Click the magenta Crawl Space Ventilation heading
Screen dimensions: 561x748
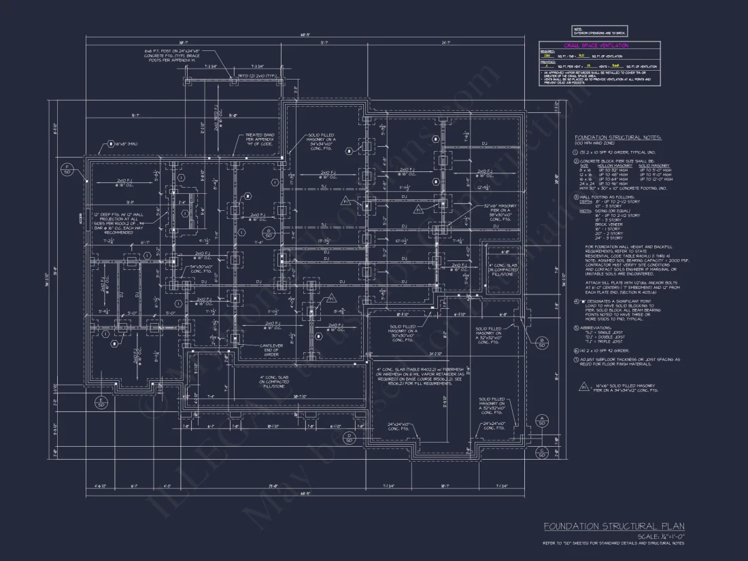596,46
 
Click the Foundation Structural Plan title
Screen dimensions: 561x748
613,526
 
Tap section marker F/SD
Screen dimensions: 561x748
67,169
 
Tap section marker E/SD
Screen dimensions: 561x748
100,402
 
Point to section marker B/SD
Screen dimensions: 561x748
542,342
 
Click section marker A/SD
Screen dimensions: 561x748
542,420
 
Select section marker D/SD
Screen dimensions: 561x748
348,437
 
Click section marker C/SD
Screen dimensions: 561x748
542,452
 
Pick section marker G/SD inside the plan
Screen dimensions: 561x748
269,233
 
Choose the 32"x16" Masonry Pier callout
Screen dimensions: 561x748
482,212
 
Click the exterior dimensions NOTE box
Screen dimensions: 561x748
599,31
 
